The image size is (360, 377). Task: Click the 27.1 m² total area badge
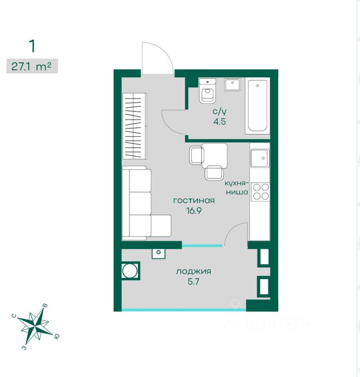click(x=32, y=66)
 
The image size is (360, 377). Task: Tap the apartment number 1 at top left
click(x=32, y=46)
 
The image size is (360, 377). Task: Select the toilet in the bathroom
click(x=208, y=92)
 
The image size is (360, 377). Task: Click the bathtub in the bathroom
click(x=257, y=107)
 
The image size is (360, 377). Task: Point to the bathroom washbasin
click(x=233, y=85)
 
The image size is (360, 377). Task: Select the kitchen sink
click(x=260, y=159)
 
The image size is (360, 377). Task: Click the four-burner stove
click(x=260, y=191)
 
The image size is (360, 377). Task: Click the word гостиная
click(x=194, y=201)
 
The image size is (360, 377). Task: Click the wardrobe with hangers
click(x=135, y=126)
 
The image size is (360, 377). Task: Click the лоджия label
click(x=193, y=271)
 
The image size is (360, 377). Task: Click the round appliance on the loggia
click(x=129, y=271)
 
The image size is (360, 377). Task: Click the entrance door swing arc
click(x=157, y=57)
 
